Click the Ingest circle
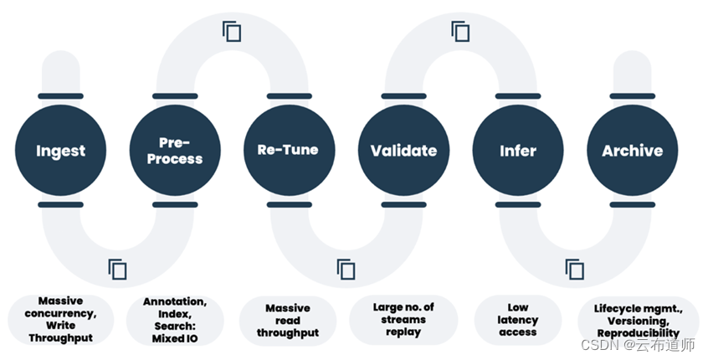[60, 151]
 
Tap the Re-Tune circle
[289, 151]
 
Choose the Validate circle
[403, 151]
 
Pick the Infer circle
[517, 151]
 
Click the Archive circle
[632, 151]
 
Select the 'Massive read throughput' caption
[288, 320]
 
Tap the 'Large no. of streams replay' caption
[403, 319]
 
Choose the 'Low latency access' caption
[517, 320]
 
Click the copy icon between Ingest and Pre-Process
[117, 270]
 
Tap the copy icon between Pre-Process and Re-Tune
[232, 32]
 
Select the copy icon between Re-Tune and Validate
[346, 270]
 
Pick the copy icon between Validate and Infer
[460, 32]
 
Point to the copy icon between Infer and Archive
[574, 270]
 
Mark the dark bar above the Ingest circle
[60, 95]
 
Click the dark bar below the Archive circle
[632, 204]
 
